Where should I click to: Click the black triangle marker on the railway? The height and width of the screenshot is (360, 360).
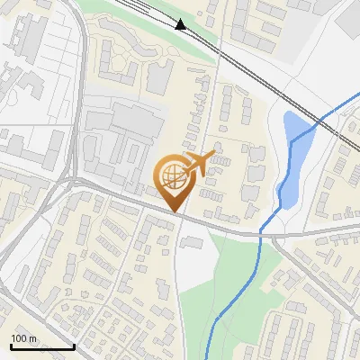click(x=181, y=24)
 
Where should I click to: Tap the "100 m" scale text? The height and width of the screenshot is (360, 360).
click(x=23, y=338)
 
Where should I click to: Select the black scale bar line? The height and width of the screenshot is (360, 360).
click(x=42, y=346)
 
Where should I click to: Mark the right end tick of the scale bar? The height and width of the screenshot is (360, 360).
click(x=74, y=345)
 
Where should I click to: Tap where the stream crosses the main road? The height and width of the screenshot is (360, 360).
click(x=261, y=233)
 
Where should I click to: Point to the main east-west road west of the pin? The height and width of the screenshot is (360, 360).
click(x=117, y=193)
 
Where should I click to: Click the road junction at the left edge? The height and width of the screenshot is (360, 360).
click(x=67, y=180)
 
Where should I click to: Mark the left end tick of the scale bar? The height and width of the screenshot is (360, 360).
click(x=11, y=345)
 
